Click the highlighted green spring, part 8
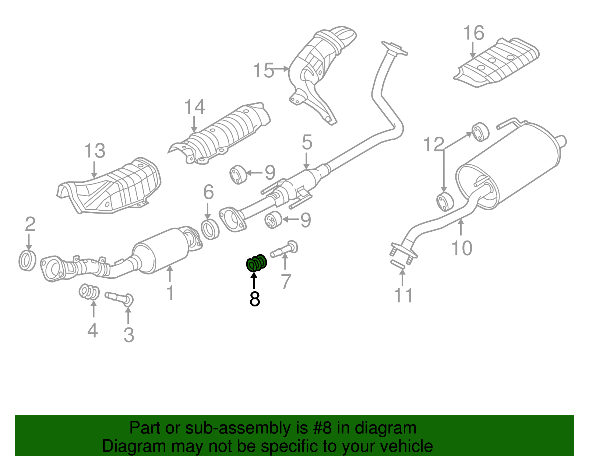pyautogui.click(x=256, y=263)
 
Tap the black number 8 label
pyautogui.click(x=254, y=299)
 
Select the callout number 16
pyautogui.click(x=473, y=33)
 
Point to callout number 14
pyautogui.click(x=194, y=107)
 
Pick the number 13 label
pyautogui.click(x=95, y=151)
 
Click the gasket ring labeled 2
pyautogui.click(x=28, y=260)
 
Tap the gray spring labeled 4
pyautogui.click(x=89, y=292)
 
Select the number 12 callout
pyautogui.click(x=434, y=144)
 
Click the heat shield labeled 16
pyautogui.click(x=497, y=63)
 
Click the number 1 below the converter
pyautogui.click(x=170, y=293)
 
